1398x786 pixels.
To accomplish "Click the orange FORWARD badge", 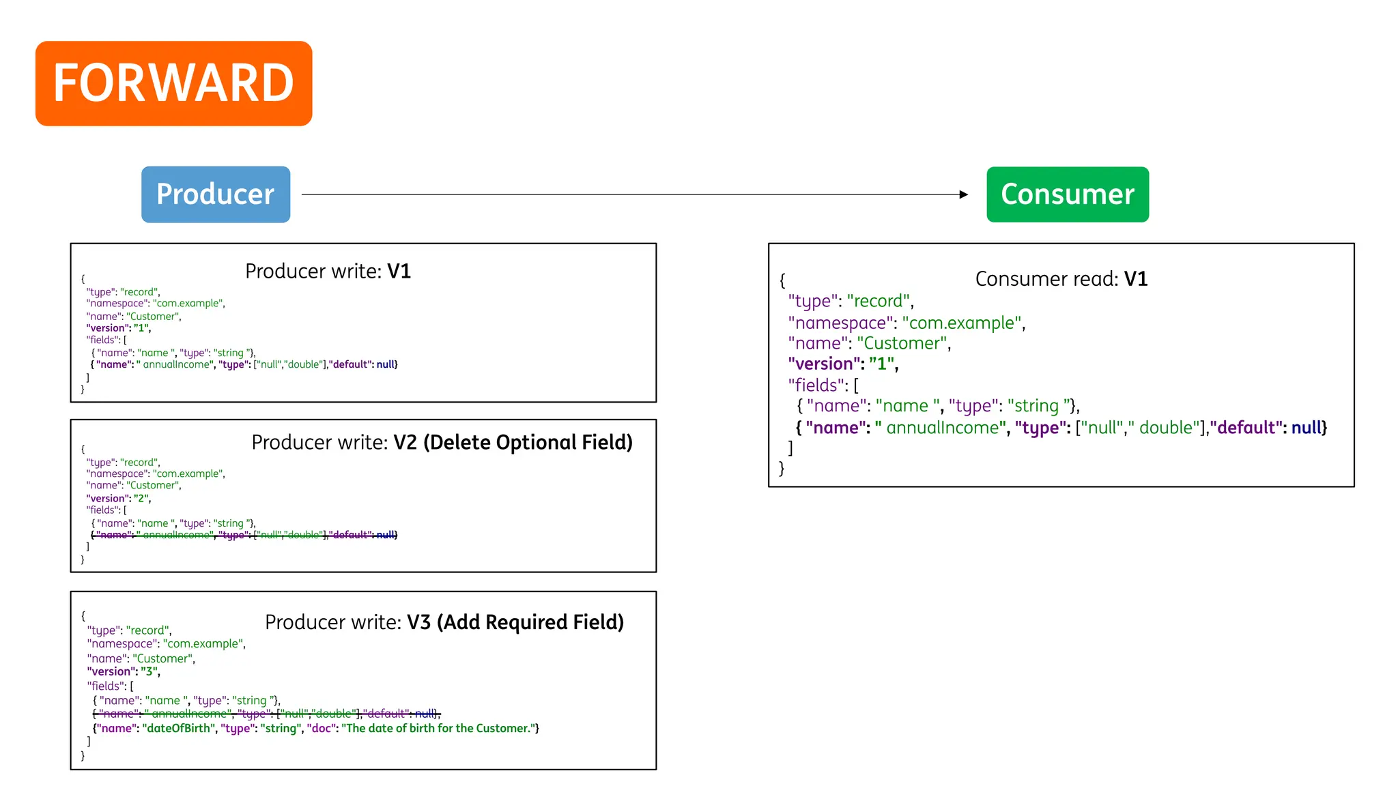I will point(173,83).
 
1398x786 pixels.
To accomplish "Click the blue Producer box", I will point(216,194).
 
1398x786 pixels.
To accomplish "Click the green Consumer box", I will point(1067,194).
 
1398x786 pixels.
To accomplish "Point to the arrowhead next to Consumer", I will point(963,194).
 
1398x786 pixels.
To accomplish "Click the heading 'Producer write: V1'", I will point(328,272).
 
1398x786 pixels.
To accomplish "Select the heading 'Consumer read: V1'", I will point(1061,279).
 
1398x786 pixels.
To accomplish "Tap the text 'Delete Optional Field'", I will point(528,443).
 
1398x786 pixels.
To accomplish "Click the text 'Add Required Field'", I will point(530,622).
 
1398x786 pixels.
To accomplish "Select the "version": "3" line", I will point(124,671).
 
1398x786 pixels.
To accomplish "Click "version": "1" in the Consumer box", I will point(842,364).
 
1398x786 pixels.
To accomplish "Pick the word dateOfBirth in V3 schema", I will point(179,729).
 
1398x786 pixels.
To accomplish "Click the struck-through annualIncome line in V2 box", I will point(244,535).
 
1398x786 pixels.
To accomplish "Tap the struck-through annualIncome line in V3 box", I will point(266,714).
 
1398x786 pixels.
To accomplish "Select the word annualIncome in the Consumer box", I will point(942,428).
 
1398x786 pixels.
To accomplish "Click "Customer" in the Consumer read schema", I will point(902,343).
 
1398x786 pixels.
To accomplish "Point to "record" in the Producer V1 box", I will point(139,292).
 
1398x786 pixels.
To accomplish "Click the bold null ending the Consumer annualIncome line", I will point(1306,428).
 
